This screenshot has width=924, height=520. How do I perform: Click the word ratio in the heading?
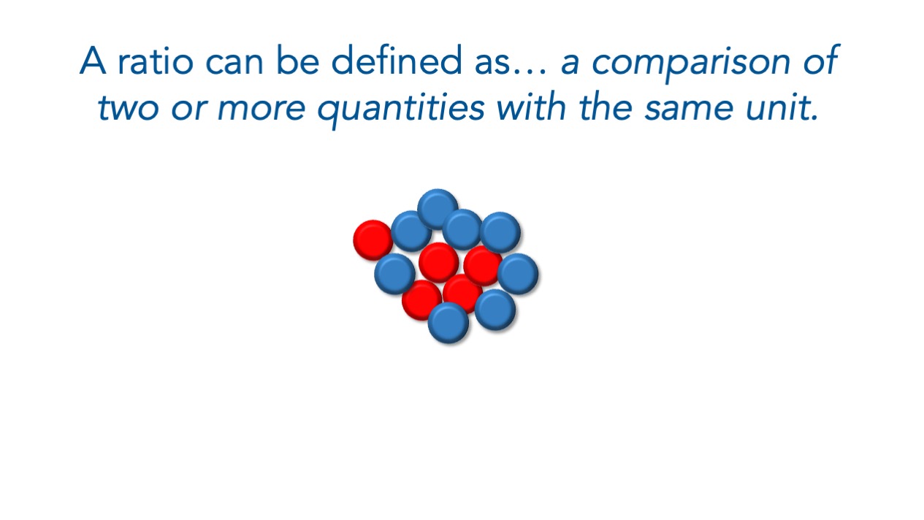coord(156,61)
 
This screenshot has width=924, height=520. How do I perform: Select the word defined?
coord(397,60)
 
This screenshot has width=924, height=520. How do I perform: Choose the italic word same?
coord(690,108)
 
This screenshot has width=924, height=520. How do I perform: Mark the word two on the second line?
coord(129,108)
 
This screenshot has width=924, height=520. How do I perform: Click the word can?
coord(234,63)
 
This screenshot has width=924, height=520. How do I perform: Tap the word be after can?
coord(297,60)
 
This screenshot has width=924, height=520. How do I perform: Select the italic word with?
coord(532,107)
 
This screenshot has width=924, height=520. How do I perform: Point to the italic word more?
coord(261,108)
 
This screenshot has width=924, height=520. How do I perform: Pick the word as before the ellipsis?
coord(492,63)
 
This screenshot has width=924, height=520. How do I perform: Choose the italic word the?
coord(606,107)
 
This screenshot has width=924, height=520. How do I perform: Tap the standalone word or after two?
coord(188,108)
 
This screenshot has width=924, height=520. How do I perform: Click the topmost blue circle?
coord(438,209)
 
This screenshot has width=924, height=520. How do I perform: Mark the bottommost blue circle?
coord(448,323)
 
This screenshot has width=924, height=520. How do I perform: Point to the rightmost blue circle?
coord(518,274)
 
